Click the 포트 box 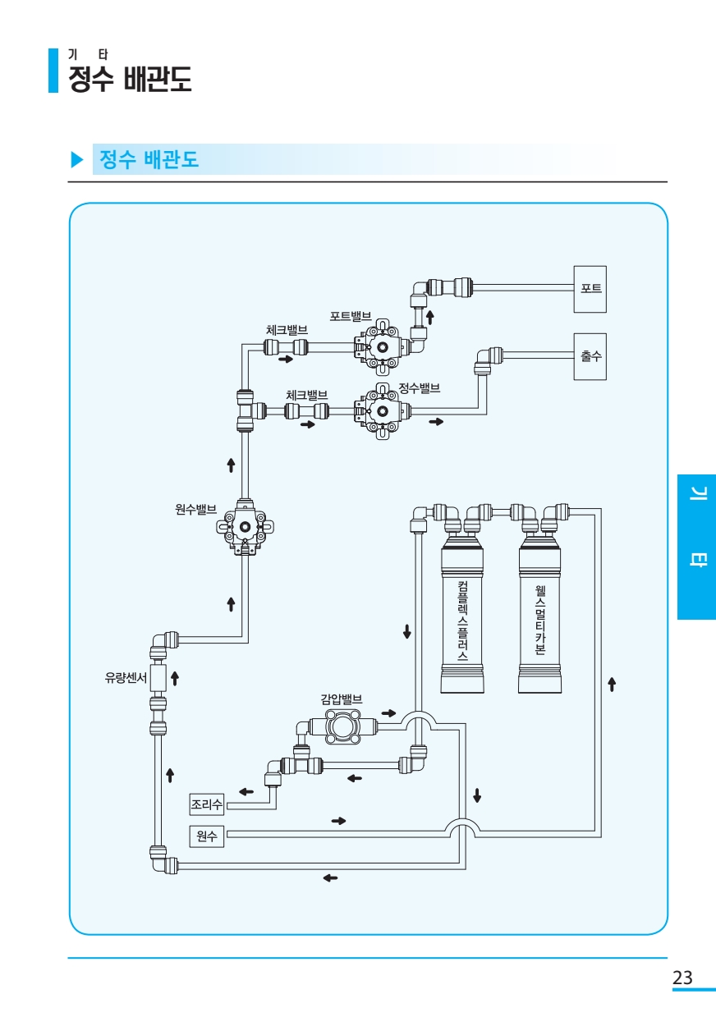tap(590, 289)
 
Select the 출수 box tap(590, 356)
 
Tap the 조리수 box tap(206, 803)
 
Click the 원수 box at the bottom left tap(206, 836)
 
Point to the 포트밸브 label tap(351, 316)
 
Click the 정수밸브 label tap(420, 387)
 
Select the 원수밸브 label tap(196, 510)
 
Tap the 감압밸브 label tap(342, 699)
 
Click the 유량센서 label tap(126, 678)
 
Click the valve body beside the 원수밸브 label tap(245, 529)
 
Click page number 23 tap(682, 978)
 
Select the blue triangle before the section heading tap(77, 159)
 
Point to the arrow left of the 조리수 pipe tap(246, 791)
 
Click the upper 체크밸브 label tap(287, 329)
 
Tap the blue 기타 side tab tap(696, 547)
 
